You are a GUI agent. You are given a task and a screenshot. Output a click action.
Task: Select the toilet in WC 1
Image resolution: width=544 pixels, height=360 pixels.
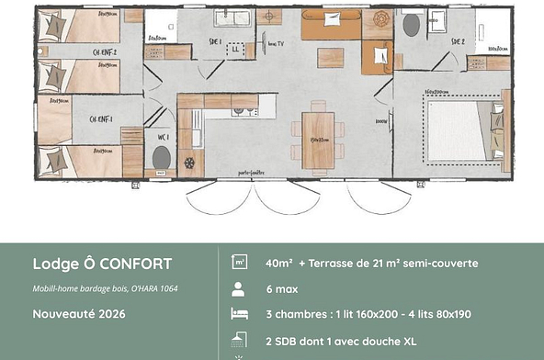click(x=161, y=158)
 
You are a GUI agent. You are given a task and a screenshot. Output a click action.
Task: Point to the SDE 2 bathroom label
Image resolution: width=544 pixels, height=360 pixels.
click(x=457, y=42)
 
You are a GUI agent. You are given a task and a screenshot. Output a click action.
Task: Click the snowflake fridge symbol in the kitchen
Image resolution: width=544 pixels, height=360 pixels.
click(x=190, y=163)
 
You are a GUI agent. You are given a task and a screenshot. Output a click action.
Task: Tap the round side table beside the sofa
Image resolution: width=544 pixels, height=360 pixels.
click(x=271, y=16)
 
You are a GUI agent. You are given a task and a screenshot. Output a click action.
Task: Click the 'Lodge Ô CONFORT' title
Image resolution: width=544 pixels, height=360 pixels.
click(x=102, y=264)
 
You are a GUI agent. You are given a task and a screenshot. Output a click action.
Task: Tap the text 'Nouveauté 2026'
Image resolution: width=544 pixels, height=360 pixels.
click(x=78, y=313)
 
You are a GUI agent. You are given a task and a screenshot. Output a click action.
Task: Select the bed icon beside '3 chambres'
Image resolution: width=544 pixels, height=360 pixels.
click(x=237, y=314)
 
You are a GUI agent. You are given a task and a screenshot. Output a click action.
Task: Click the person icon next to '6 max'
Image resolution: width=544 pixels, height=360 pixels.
click(x=237, y=288)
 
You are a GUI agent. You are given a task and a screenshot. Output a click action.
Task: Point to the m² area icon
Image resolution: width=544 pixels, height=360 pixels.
click(x=237, y=264)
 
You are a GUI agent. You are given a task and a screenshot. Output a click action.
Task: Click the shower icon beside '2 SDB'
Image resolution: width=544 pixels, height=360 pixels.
click(x=237, y=339)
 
